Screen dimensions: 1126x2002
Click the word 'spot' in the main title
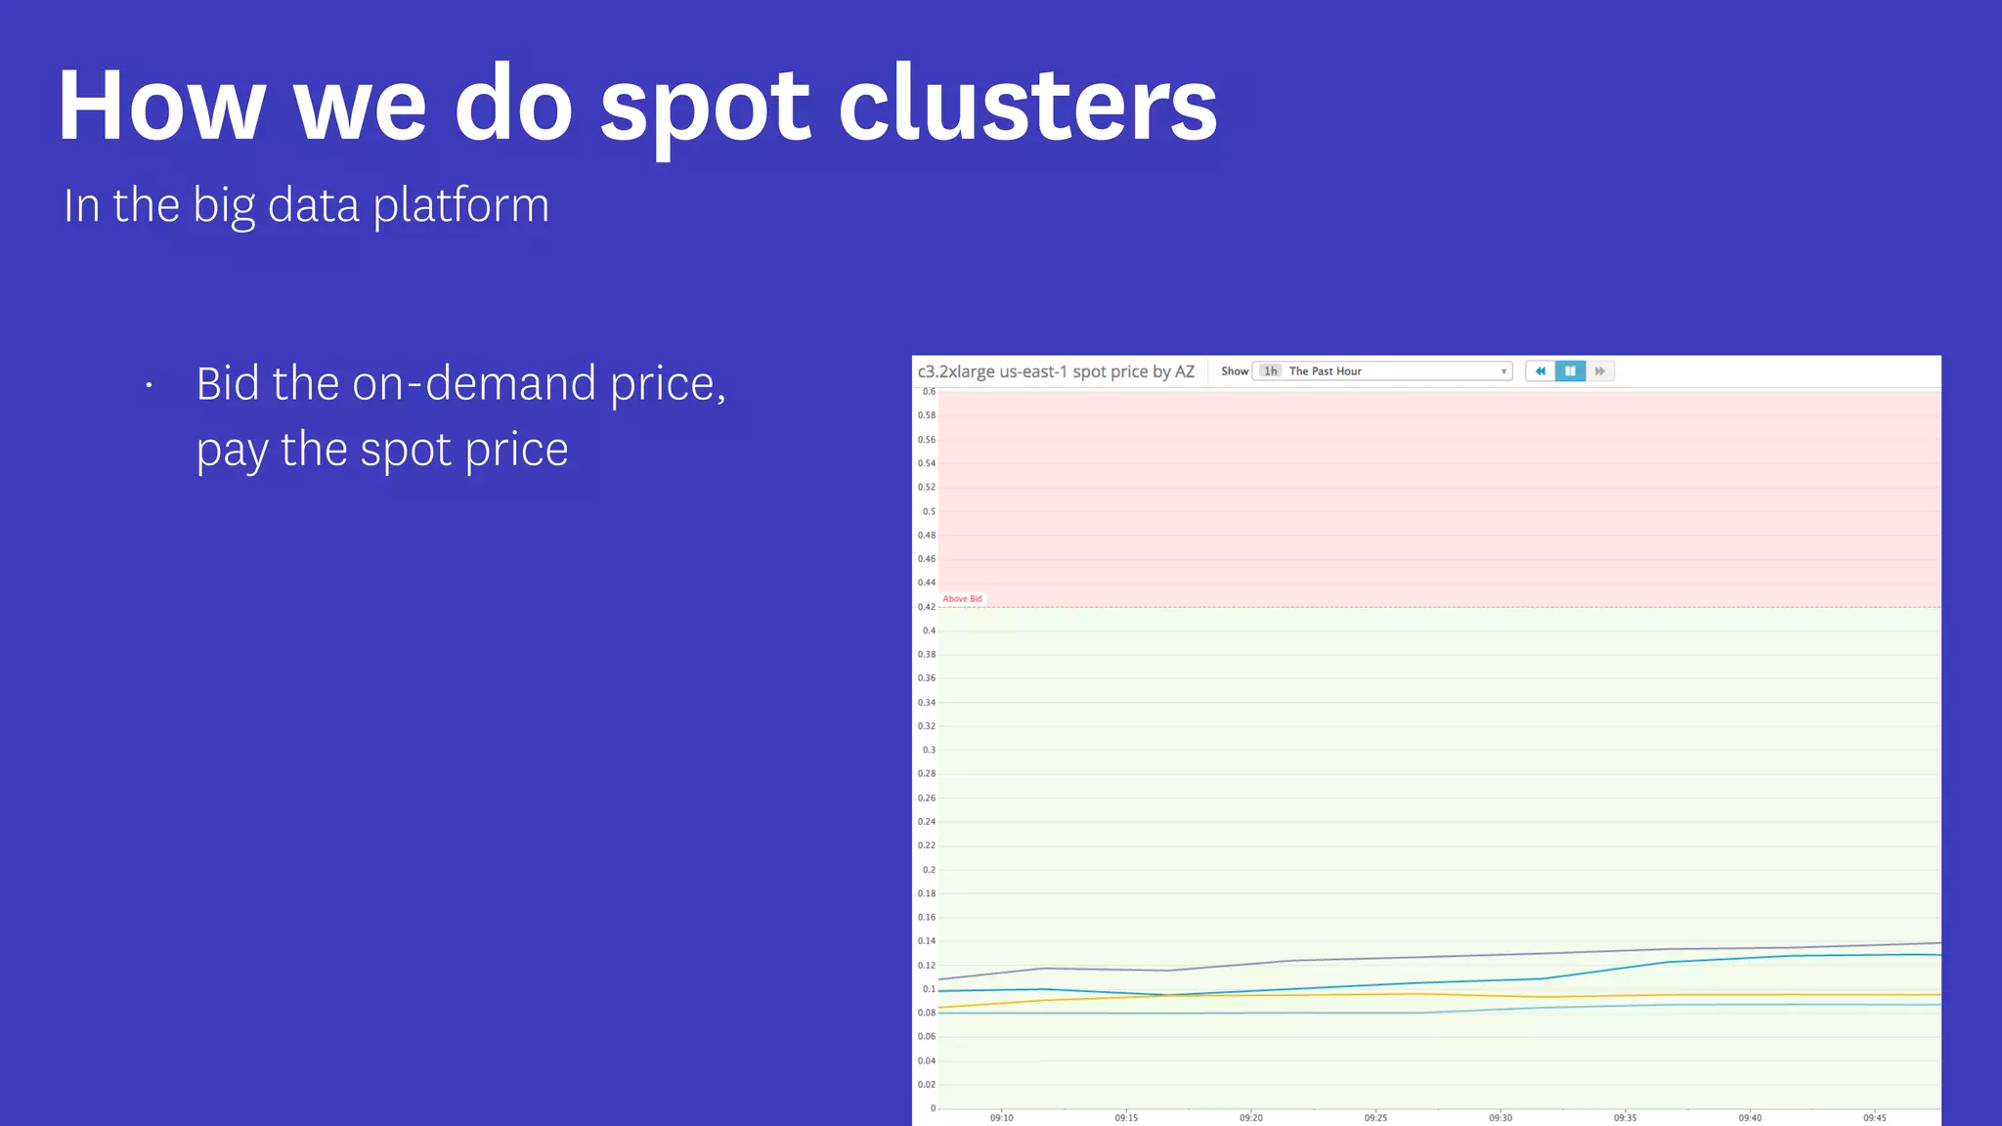(x=705, y=108)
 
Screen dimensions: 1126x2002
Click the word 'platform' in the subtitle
(x=461, y=206)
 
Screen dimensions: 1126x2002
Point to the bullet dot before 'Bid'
(x=149, y=386)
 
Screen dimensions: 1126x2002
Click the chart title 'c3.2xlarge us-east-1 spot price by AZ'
(x=1056, y=371)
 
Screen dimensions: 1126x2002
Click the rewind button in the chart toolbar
(x=1541, y=371)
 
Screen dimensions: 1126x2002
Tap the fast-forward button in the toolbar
(x=1599, y=371)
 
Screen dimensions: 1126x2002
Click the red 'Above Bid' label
(x=962, y=599)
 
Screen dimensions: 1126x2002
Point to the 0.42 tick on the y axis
(x=926, y=607)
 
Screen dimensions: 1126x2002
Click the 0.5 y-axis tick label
(x=929, y=511)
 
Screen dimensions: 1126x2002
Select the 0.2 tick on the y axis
(x=929, y=870)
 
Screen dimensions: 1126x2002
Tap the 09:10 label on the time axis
(x=1001, y=1117)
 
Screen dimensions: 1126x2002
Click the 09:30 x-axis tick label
(x=1501, y=1117)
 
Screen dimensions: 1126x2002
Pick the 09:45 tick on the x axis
(x=1874, y=1117)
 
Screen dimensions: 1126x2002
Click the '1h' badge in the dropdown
(x=1270, y=371)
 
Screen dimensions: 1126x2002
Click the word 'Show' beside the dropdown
(x=1235, y=371)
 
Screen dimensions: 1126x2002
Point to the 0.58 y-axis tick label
(x=926, y=415)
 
